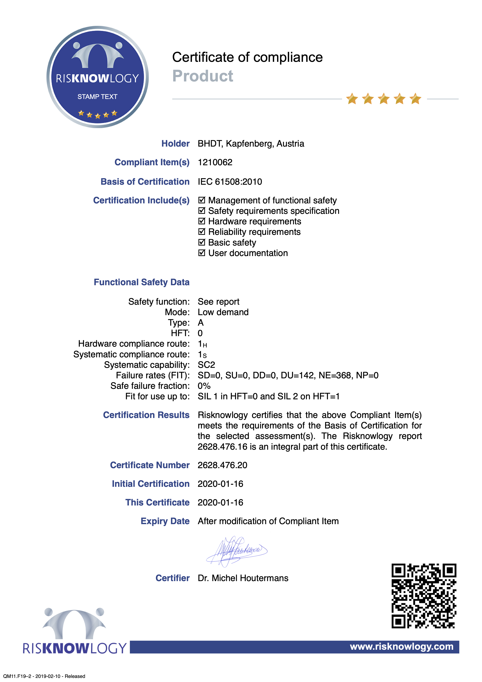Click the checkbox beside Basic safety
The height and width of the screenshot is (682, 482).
(x=202, y=242)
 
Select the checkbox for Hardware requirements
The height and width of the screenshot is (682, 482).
(x=202, y=221)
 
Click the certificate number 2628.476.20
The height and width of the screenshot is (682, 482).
(x=222, y=465)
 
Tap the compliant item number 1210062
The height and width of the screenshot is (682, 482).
(x=215, y=162)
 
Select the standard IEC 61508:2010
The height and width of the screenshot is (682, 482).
(x=230, y=182)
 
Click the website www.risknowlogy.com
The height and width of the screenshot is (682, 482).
(x=402, y=646)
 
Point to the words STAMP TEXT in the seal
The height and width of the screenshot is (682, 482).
(x=97, y=97)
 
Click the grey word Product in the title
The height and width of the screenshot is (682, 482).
(x=203, y=76)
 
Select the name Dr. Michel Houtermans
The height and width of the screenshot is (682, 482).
(x=243, y=578)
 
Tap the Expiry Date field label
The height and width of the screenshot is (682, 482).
(x=165, y=521)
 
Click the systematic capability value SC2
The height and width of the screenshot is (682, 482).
(x=206, y=365)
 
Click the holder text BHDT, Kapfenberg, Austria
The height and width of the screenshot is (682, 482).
(x=251, y=143)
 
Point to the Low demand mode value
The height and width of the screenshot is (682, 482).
(x=223, y=312)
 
